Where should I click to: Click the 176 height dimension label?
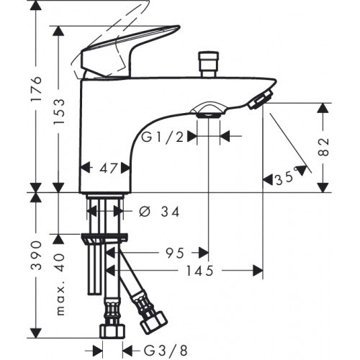[36, 89]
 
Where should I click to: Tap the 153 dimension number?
[59, 111]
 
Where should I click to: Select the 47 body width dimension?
[109, 168]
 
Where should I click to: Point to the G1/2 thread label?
[163, 138]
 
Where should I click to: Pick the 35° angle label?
[286, 178]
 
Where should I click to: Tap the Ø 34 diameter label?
[159, 212]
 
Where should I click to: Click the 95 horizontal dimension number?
[175, 253]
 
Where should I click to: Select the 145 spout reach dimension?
[199, 271]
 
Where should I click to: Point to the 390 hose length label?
[36, 256]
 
